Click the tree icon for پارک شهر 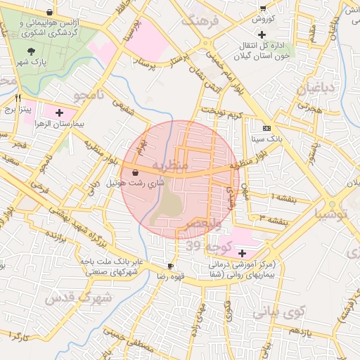point(31,51)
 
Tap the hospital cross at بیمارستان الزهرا point(59,112)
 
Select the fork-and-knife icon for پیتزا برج point(18,98)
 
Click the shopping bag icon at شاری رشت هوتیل point(134,172)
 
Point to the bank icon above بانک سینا point(266,129)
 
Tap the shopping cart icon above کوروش point(262,8)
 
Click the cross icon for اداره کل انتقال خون point(262,34)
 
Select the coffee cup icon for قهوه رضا point(170,266)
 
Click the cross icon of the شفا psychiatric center point(243,253)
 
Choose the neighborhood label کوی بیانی point(277,310)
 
